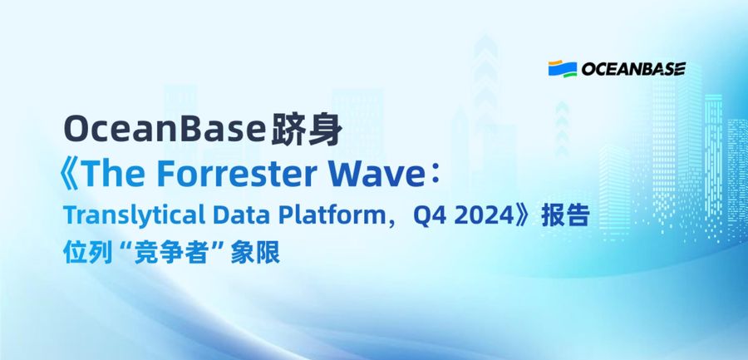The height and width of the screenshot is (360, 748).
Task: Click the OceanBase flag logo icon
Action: coord(563,69)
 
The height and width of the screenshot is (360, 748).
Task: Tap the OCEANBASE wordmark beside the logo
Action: coord(633,69)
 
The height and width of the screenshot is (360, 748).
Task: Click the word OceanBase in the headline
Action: coord(165,130)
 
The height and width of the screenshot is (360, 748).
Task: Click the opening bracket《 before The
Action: coord(69,175)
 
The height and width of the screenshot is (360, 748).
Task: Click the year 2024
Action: coord(484,216)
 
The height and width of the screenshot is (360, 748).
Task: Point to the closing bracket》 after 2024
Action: coord(524,216)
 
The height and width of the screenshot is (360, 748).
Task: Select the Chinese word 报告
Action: coord(565,216)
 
